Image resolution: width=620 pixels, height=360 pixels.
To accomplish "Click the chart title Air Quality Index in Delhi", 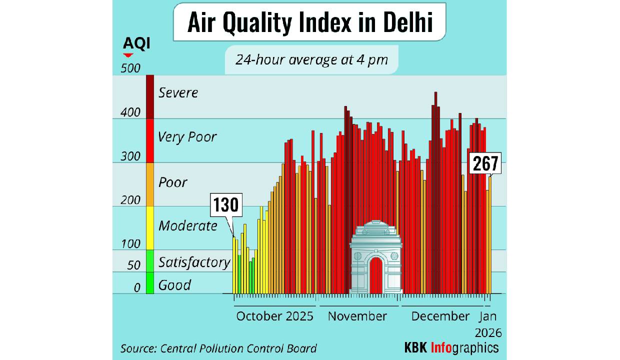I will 309,23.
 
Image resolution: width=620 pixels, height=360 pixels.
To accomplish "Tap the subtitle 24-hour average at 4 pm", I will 311,59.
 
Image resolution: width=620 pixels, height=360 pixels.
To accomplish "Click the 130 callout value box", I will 227,205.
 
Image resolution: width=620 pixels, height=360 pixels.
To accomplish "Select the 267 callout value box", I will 484,164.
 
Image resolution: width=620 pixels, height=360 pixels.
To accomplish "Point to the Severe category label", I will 178,92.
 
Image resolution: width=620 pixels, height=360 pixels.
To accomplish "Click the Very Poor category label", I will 187,136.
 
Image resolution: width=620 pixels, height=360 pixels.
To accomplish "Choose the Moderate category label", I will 187,225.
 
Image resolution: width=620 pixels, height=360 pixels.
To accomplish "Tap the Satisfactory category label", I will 194,262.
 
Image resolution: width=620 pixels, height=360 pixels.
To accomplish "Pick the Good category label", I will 174,285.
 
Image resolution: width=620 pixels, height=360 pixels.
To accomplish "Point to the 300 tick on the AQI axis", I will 130,156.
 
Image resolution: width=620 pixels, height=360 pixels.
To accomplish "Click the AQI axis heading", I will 136,44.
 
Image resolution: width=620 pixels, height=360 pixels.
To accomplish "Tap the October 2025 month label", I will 274,316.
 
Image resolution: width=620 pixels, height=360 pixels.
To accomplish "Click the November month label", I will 357,316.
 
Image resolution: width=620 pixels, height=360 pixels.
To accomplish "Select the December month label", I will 440,316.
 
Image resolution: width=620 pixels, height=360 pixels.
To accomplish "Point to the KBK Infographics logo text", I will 451,347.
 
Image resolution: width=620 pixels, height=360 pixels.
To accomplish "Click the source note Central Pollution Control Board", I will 218,348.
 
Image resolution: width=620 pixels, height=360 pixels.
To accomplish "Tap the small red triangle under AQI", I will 128,55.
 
